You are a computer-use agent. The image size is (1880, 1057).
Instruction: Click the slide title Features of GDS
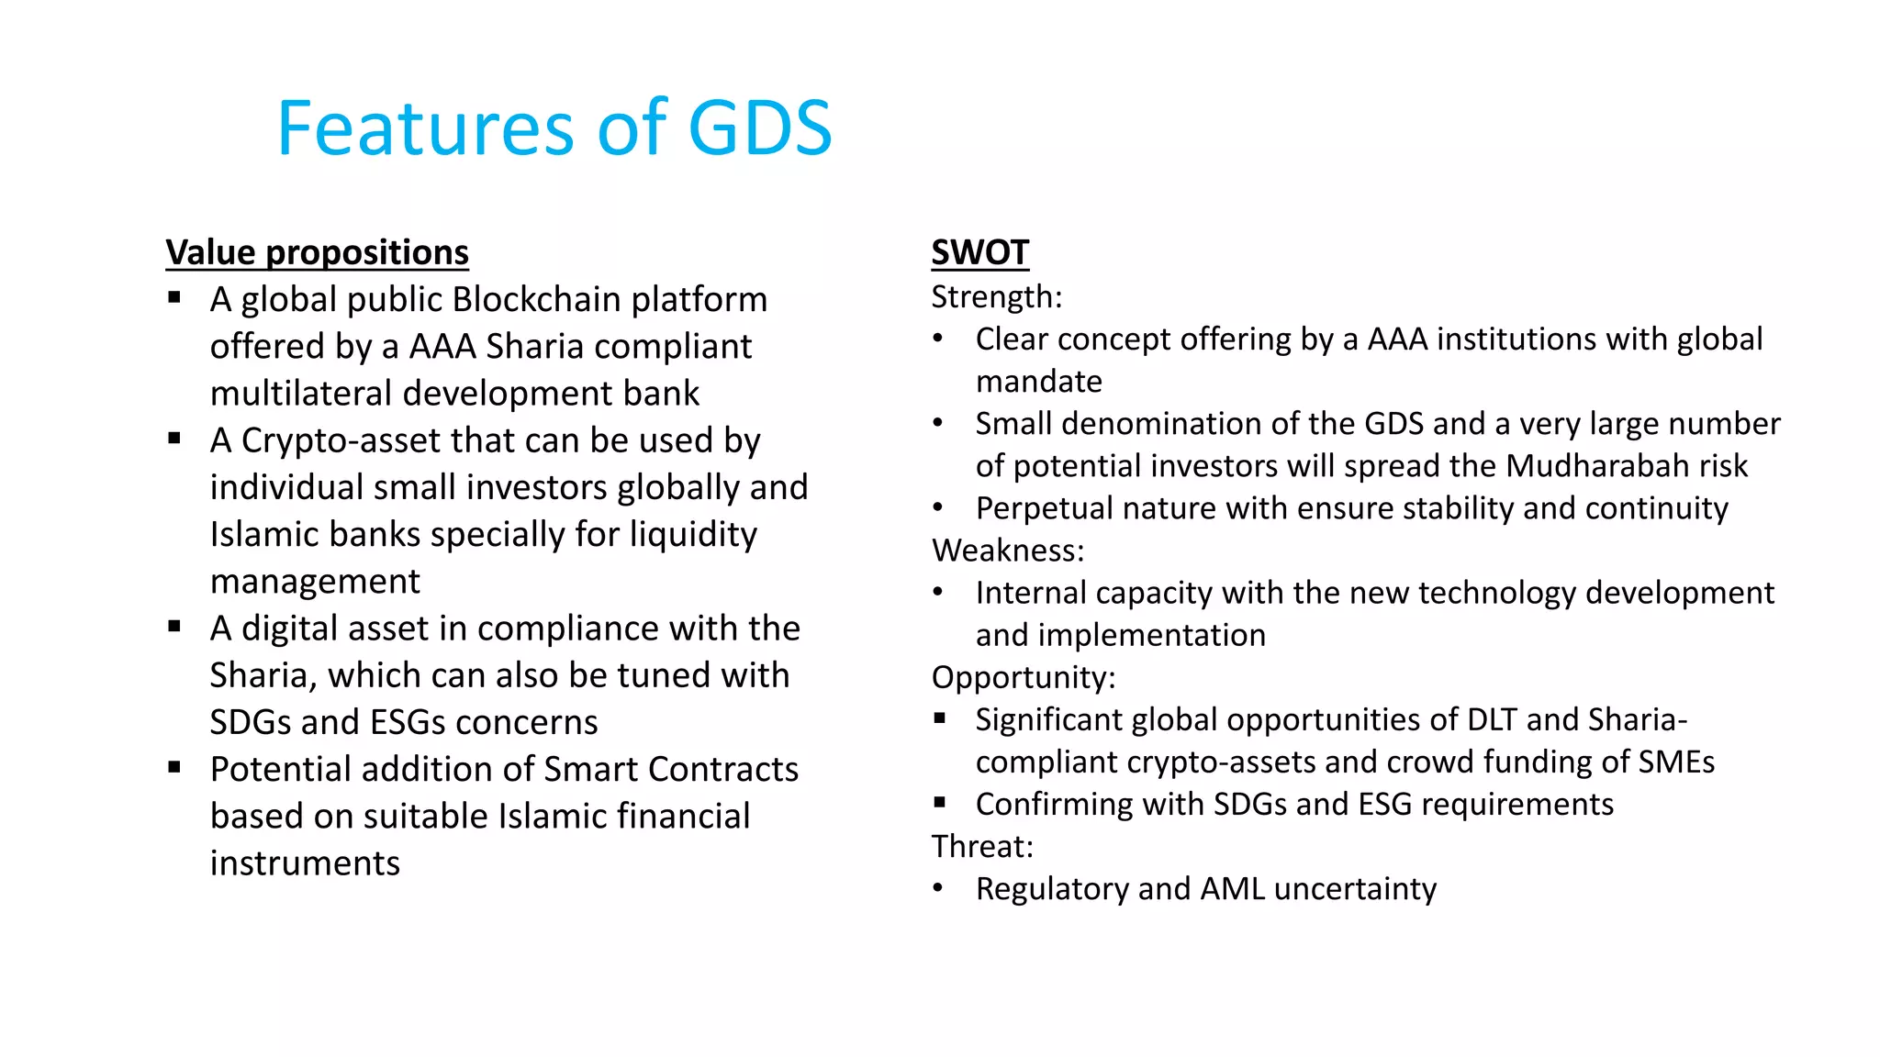[x=554, y=128]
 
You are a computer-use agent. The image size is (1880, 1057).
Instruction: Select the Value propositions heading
[x=317, y=252]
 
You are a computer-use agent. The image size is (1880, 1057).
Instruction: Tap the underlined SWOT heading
[x=979, y=252]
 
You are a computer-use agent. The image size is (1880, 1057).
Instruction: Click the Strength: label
[x=996, y=297]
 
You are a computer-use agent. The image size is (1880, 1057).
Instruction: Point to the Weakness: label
[x=1007, y=551]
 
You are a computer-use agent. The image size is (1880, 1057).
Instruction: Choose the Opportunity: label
[x=1023, y=677]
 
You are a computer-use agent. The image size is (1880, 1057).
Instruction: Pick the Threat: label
[x=981, y=846]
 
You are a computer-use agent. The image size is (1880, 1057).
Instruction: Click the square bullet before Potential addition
[x=174, y=766]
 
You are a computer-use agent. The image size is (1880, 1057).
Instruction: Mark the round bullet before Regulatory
[x=937, y=888]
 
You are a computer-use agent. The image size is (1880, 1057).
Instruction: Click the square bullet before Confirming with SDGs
[x=939, y=802]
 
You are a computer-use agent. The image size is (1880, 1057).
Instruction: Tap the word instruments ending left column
[x=305, y=863]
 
